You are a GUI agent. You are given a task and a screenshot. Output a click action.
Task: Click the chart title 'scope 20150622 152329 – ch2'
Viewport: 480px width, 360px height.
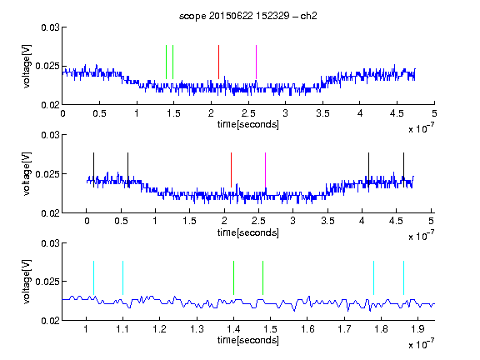tap(248, 16)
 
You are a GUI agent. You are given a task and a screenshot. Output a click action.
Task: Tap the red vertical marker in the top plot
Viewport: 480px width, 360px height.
tap(218, 62)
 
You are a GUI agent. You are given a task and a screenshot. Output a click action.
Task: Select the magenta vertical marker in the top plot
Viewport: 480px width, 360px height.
tap(256, 62)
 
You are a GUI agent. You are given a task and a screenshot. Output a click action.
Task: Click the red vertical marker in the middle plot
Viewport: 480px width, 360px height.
tap(231, 170)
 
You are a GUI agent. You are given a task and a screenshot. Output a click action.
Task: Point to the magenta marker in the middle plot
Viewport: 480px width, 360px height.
tap(265, 170)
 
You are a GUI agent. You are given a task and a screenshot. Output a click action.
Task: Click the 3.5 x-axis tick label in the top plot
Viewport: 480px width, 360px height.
tap(322, 113)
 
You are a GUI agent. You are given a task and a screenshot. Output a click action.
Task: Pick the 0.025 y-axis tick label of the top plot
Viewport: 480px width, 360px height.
tap(47, 66)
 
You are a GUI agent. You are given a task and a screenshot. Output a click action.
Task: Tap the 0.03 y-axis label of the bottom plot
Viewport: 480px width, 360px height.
tap(50, 243)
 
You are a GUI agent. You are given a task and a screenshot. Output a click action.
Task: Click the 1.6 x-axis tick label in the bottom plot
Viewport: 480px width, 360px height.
tap(307, 329)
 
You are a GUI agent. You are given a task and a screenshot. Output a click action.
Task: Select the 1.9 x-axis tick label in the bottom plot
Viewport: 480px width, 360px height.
tap(417, 329)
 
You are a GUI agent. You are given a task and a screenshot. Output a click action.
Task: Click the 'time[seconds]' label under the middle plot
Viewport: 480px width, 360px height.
tap(248, 232)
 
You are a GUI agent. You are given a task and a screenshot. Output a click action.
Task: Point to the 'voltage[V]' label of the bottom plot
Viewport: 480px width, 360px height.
tap(27, 282)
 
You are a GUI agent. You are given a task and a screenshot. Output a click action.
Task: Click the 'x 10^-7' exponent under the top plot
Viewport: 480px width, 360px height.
tap(422, 128)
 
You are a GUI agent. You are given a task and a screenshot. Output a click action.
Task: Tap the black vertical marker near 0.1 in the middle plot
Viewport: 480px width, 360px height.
tap(93, 170)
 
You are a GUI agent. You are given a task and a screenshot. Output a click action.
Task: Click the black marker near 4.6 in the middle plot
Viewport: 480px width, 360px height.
tap(403, 170)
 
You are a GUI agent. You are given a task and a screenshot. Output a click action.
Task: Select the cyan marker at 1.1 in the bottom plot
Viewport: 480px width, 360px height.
tap(122, 278)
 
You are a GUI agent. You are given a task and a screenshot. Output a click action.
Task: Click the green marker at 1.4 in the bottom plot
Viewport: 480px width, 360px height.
tap(233, 278)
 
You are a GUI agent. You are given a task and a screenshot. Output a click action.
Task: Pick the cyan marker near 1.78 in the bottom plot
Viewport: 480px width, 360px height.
tap(373, 278)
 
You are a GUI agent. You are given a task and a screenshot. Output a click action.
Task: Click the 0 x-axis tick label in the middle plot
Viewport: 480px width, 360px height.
tap(87, 221)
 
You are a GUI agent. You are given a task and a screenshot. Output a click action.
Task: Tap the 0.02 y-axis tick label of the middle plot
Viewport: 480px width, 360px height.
tap(50, 213)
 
